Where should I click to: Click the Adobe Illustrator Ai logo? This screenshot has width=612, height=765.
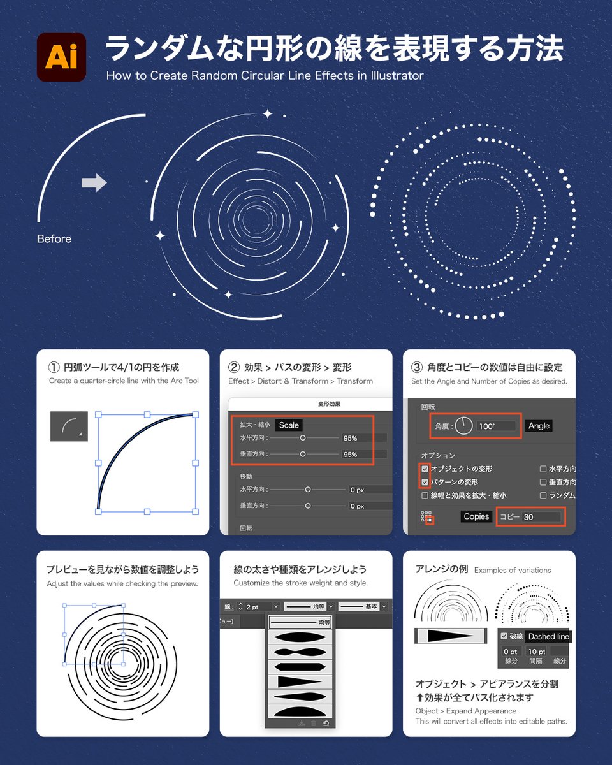(61, 57)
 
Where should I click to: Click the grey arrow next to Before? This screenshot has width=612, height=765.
(94, 183)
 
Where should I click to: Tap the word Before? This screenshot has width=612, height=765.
(54, 239)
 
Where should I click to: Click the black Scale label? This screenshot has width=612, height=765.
(289, 425)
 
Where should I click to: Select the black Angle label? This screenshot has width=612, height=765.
(539, 426)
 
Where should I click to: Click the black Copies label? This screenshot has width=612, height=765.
(476, 516)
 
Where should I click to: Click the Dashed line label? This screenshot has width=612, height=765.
(548, 636)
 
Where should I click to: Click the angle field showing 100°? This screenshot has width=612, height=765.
(495, 426)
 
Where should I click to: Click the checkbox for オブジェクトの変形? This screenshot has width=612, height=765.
(425, 469)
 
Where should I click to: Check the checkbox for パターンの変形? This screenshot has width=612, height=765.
(425, 482)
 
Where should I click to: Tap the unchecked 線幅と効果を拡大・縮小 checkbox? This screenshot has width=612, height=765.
(425, 495)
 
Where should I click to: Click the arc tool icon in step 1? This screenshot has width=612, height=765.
(69, 426)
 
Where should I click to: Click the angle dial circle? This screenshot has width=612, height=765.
(463, 426)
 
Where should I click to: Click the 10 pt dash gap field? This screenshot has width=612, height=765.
(536, 651)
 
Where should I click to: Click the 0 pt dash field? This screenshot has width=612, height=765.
(510, 651)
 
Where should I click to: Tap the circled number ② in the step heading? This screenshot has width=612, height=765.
(234, 368)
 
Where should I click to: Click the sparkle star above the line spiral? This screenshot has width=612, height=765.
(268, 114)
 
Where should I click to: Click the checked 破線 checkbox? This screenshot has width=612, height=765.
(504, 636)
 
